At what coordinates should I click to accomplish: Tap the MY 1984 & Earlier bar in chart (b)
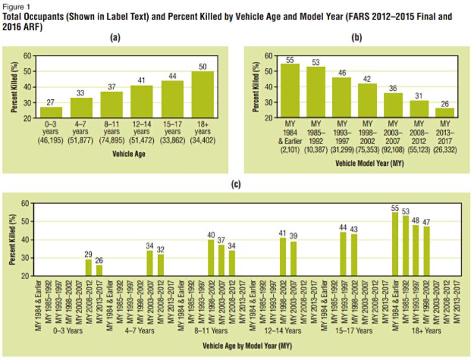click(290, 91)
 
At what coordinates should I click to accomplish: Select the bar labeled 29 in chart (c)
click(88, 268)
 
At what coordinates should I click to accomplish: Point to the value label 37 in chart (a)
click(111, 87)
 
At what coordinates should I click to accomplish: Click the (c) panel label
click(236, 185)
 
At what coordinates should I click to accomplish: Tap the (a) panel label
click(117, 38)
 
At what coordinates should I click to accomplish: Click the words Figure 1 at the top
click(14, 5)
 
